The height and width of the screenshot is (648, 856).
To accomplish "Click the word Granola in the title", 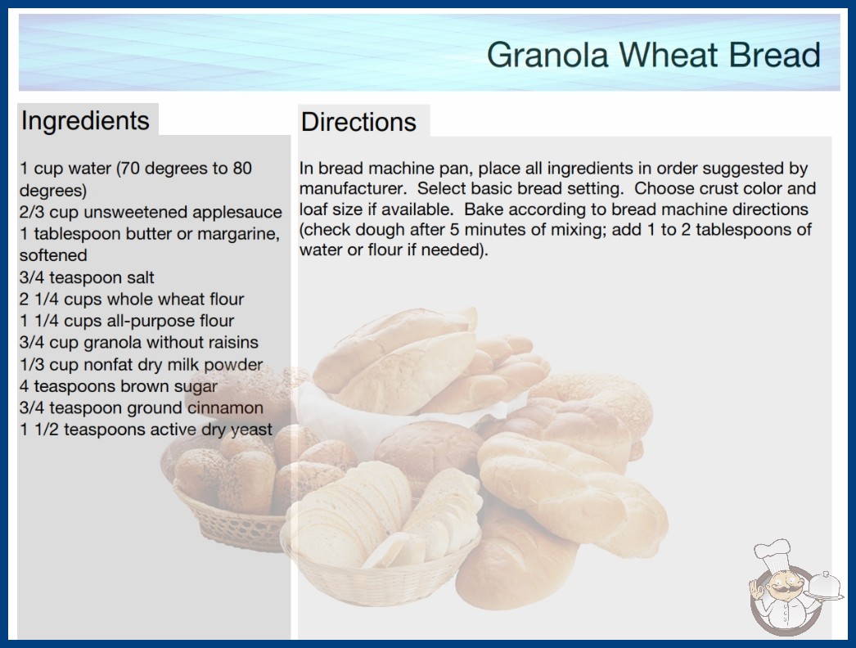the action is click(547, 55).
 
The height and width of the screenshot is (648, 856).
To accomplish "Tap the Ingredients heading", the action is click(85, 121).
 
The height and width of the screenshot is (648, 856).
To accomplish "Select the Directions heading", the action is click(358, 122).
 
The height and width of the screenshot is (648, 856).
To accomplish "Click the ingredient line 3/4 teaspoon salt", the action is click(87, 277).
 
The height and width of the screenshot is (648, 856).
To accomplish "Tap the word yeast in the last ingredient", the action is click(250, 430).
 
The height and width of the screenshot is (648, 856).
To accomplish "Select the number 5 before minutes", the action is click(454, 229).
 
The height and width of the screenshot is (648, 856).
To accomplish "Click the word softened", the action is click(53, 255).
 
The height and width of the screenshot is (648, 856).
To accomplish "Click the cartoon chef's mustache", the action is click(780, 589).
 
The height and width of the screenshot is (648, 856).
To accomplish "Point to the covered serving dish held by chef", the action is click(824, 587).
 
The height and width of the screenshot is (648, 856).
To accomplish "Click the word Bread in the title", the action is click(774, 55).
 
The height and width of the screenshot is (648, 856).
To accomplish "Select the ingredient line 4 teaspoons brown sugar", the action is click(119, 386).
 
